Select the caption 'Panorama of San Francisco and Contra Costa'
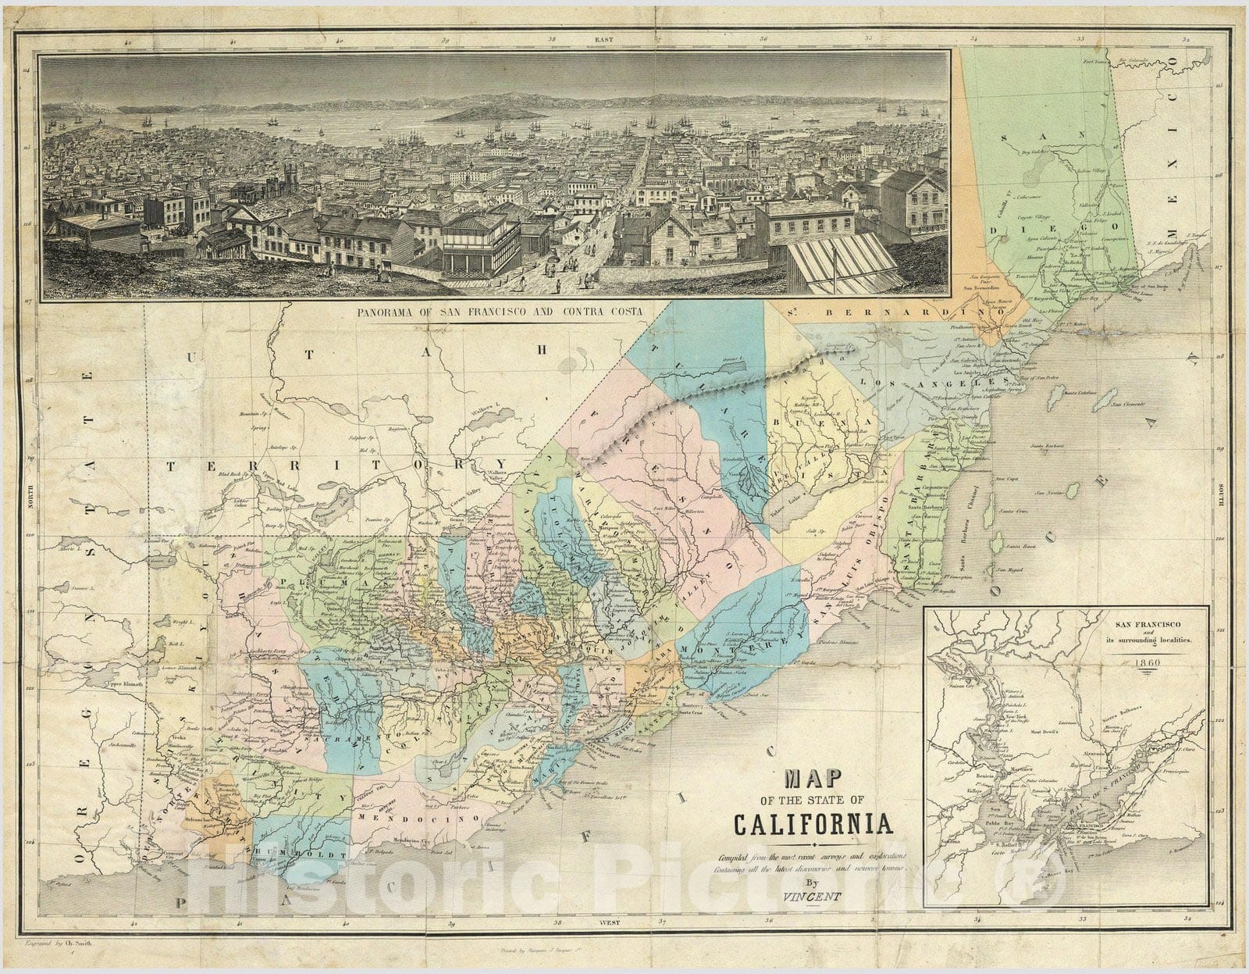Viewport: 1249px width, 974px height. pyautogui.click(x=504, y=311)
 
